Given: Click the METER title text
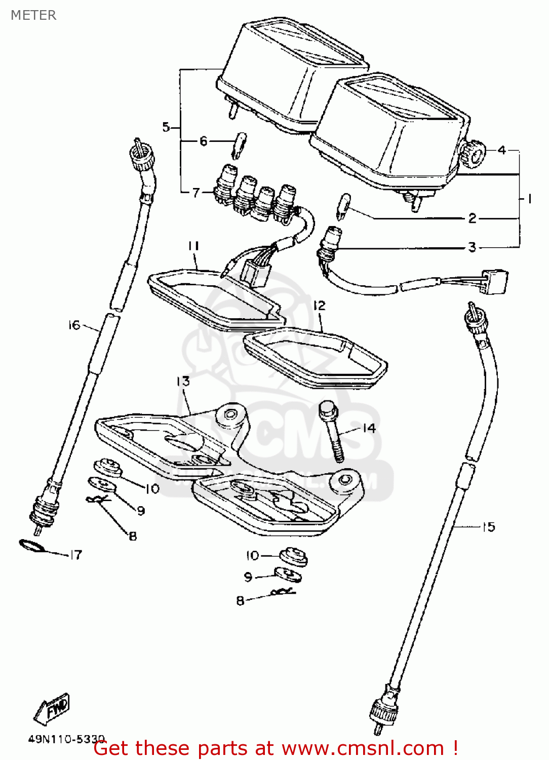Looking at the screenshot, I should pos(33,15).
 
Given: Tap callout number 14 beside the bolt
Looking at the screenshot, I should pos(369,428).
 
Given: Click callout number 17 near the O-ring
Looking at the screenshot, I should pos(75,555).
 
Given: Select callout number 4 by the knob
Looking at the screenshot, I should pos(501,150).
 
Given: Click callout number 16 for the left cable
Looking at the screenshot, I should pos(74,325).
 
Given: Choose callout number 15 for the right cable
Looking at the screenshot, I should pos(488,527).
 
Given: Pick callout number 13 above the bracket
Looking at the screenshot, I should pos(183,381).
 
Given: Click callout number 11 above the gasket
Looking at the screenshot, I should pos(193,246).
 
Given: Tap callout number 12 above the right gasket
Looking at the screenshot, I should pos(319,306).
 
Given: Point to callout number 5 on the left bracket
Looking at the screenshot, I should pos(166,127).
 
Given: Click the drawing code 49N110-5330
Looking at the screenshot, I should pos(66,739).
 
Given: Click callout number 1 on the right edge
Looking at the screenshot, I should pos(529,199).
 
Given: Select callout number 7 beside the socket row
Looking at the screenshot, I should pos(196,192).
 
